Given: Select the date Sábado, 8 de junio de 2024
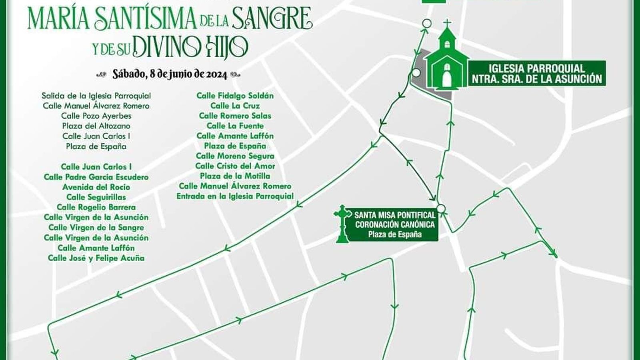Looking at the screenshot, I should (170, 74).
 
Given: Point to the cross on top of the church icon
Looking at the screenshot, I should (448, 24).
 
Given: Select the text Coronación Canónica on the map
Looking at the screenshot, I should (394, 225).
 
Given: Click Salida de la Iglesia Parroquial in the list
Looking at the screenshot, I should (96, 96).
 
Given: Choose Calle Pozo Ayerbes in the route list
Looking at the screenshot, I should (96, 116).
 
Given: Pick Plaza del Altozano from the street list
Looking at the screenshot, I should (96, 126).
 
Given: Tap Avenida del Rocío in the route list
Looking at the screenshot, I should (96, 187).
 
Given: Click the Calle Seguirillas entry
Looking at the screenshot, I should (96, 197).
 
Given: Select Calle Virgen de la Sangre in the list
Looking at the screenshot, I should (96, 228).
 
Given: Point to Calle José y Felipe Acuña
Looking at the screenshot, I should (96, 258).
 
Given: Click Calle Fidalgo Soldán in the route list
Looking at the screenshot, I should (235, 96).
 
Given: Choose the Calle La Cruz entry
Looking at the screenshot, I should (235, 106).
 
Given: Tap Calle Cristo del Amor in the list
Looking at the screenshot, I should (235, 166).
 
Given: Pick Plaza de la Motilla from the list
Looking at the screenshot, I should (235, 176).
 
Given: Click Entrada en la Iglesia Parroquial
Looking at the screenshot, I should (235, 196).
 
